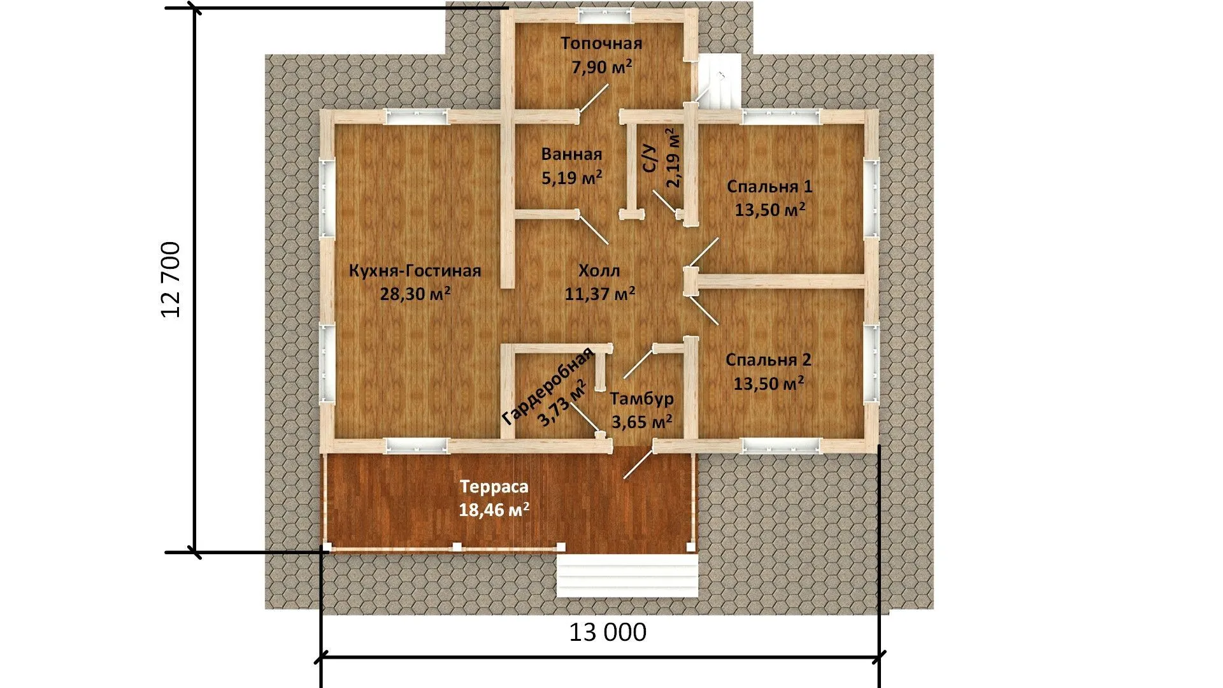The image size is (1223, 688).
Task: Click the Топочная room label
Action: coord(601,43)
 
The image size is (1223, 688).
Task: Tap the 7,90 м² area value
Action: coord(602,67)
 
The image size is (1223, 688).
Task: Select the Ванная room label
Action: coord(571,154)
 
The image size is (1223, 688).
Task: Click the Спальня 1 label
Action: coord(769,187)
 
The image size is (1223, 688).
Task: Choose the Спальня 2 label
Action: coord(769,360)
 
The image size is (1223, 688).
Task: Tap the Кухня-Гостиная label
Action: coord(415,271)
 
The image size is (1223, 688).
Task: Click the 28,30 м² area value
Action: coord(415,294)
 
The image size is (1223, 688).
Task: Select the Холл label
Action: coord(599,271)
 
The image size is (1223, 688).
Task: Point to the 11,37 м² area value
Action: coord(599,294)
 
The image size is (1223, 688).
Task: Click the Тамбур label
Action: coord(641,399)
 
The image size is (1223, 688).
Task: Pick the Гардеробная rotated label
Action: coord(548,387)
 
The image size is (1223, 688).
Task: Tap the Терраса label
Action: coord(494,487)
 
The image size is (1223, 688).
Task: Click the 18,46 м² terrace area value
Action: coord(494,510)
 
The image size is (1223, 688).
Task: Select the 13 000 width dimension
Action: coord(607,633)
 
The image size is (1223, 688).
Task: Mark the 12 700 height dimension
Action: coord(171,280)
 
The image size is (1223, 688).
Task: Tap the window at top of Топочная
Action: coord(605,13)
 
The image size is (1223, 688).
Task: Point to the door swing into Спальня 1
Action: coord(704,252)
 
